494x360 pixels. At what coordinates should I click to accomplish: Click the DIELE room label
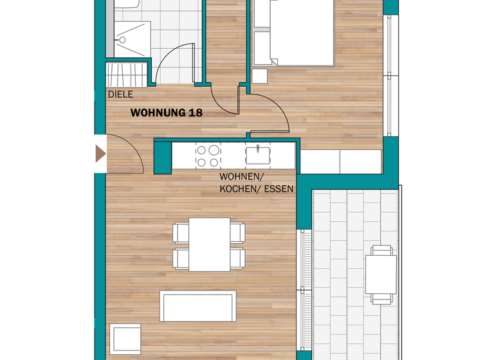coord(120,94)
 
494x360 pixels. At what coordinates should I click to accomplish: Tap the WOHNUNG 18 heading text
coord(167,113)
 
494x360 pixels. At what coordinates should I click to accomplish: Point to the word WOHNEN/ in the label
coord(241,177)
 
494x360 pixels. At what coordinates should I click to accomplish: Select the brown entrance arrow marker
coord(100,154)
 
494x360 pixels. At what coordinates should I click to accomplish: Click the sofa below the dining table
coord(198,307)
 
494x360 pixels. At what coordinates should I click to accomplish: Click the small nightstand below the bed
coord(260,76)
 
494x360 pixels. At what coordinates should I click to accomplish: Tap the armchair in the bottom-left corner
coord(125,339)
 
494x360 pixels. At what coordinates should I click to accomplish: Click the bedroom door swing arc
coord(270,113)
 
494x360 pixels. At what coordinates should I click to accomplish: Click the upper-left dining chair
coord(181,232)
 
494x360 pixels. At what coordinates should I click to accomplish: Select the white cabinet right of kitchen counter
coord(342,161)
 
